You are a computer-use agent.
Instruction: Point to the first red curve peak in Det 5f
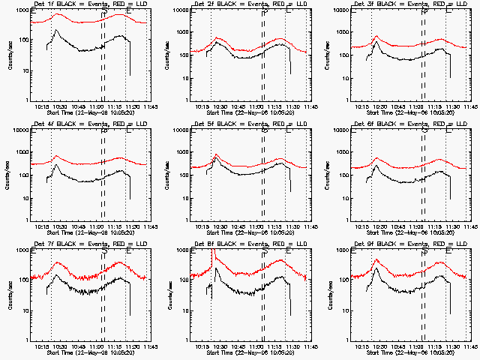tap(217, 155)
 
